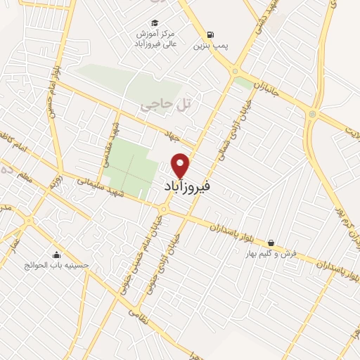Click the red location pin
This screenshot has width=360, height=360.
181,165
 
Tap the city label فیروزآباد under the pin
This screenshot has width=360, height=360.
181,187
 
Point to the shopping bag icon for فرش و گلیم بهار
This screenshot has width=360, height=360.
271,243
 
